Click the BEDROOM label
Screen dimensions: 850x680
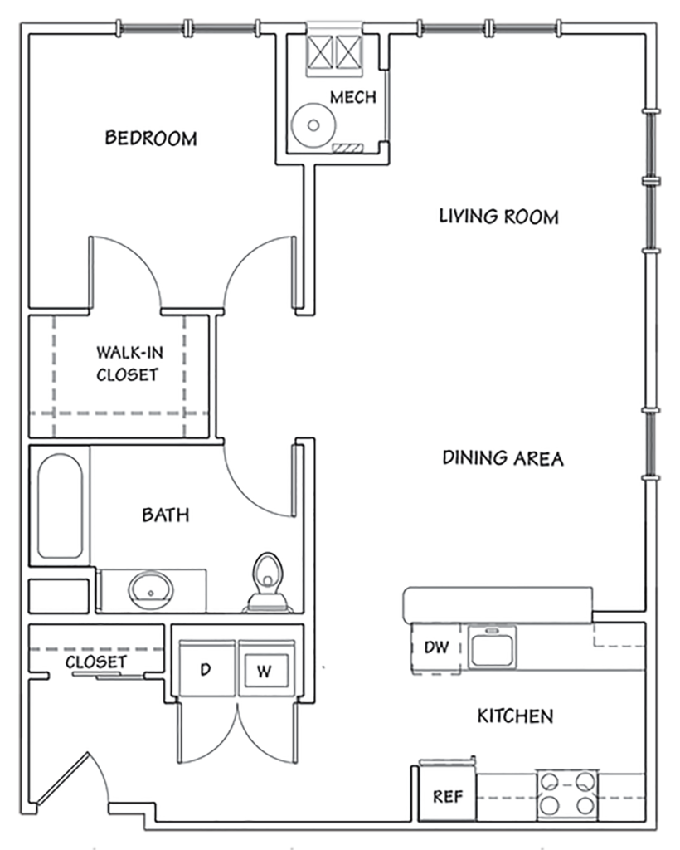click(x=151, y=138)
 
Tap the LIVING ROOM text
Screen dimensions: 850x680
click(x=498, y=217)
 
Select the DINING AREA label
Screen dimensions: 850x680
click(x=503, y=457)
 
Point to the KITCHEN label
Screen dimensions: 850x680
click(x=515, y=716)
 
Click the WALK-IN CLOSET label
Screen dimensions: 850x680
click(x=126, y=364)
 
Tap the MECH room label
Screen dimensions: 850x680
click(x=352, y=97)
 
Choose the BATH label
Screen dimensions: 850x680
click(x=165, y=515)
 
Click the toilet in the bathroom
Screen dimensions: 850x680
click(x=266, y=582)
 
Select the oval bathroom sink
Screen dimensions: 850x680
click(x=151, y=590)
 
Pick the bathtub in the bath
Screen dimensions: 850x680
click(x=60, y=506)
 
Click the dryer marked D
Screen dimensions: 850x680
click(x=205, y=669)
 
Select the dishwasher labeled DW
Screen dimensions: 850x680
click(x=436, y=647)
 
